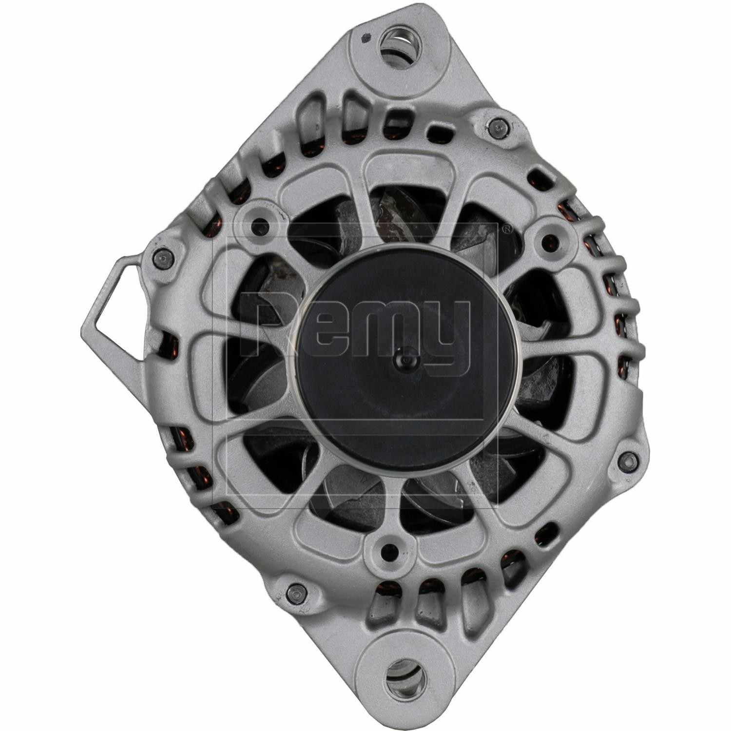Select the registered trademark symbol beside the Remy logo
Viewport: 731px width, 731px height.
pyautogui.click(x=508, y=228)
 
